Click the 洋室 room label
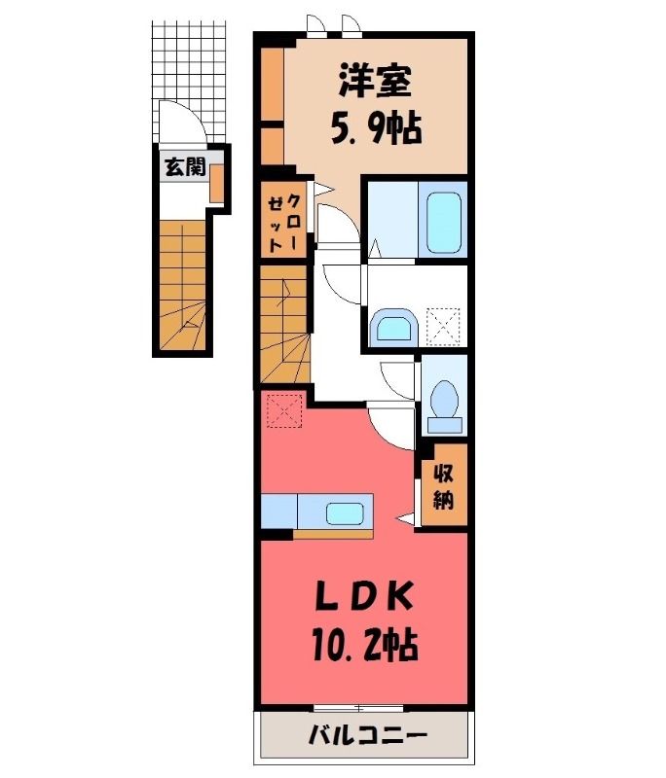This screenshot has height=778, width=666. point(375,82)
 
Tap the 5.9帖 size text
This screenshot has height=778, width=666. point(376,128)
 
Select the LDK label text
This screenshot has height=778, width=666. point(365,597)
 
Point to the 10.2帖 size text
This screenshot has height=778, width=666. point(365,645)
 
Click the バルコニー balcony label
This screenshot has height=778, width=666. point(368,734)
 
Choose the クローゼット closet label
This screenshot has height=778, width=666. point(284,223)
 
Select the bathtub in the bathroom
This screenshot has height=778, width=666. point(444,220)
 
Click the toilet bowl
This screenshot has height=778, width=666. point(445,405)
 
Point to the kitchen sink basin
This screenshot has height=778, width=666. point(345,513)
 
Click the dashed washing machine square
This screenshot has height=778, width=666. point(444,326)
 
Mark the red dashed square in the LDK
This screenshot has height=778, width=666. point(284,410)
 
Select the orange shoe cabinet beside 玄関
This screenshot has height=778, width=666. point(216,184)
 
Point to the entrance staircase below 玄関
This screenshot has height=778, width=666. point(183,286)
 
